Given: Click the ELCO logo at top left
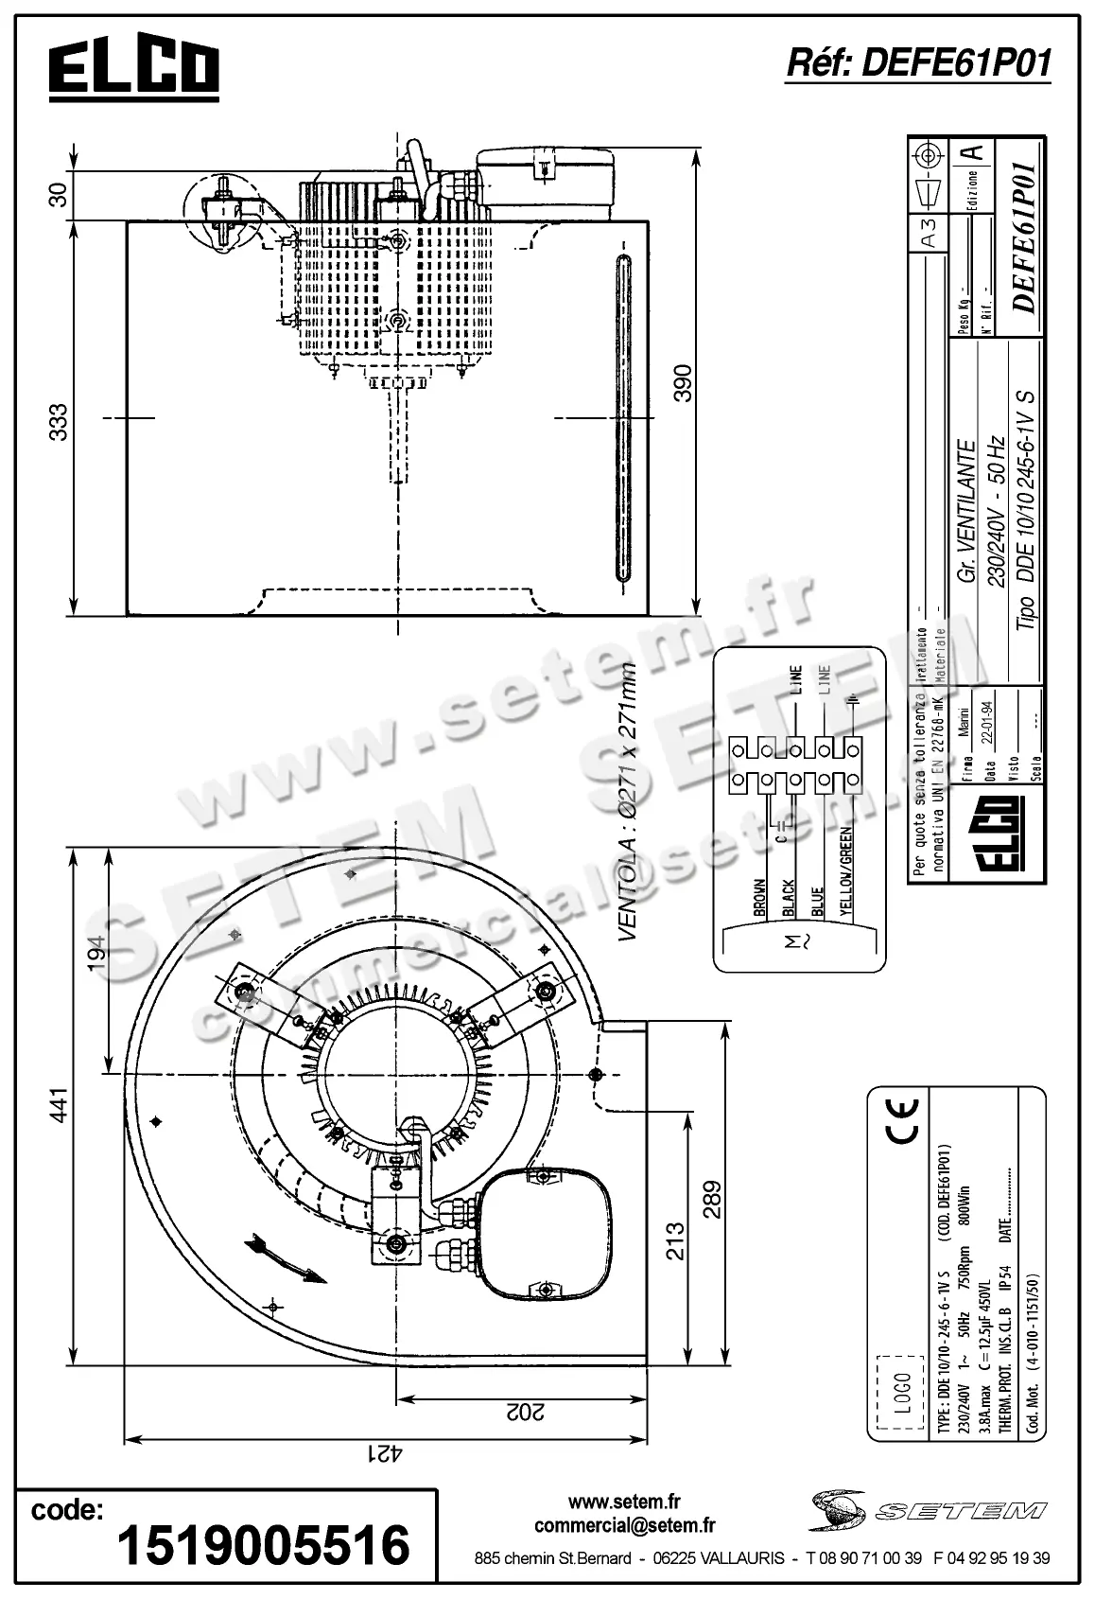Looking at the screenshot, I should (133, 68).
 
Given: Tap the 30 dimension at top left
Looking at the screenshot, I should (59, 195).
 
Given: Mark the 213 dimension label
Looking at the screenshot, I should (674, 1243).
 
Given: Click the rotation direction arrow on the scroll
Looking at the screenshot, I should (285, 1259).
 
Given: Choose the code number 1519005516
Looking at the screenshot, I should (263, 1544).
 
